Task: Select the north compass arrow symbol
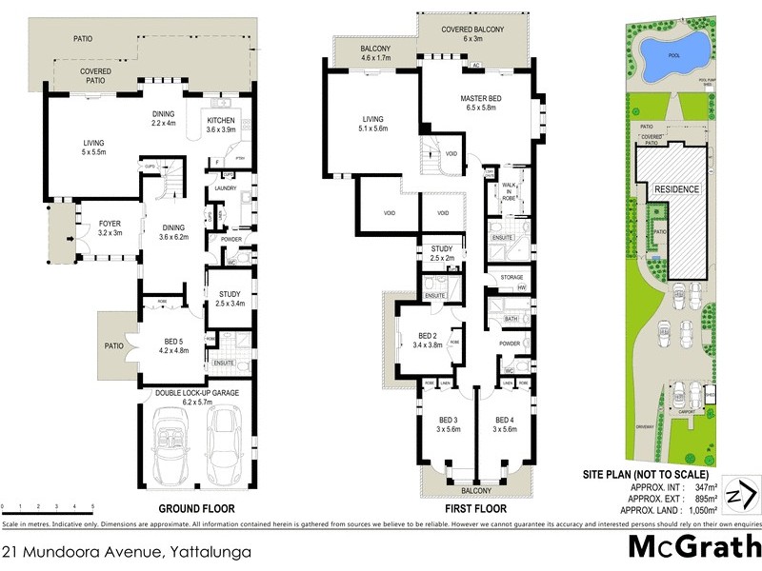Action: click(740, 496)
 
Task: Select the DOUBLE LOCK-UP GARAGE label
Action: click(199, 393)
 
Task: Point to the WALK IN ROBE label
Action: click(509, 190)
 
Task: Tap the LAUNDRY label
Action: click(226, 188)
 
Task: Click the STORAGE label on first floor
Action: click(511, 277)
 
